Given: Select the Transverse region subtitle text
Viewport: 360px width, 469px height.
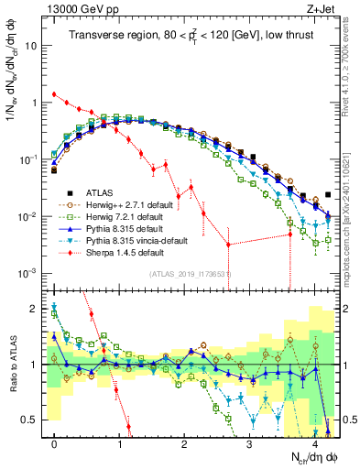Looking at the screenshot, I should (193, 36).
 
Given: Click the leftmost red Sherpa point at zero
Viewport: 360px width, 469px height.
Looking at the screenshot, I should (54, 93).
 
